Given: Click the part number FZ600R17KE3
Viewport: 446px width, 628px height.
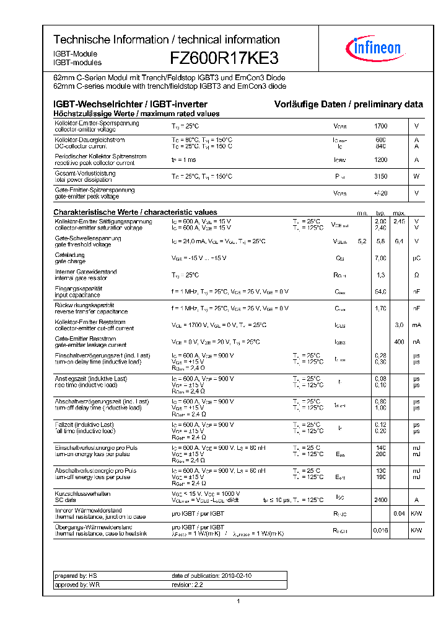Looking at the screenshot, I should click(224, 58).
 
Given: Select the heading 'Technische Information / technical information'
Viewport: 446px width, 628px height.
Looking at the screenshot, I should click(166, 40).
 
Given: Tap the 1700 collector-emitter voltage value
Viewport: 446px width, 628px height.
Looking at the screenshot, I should click(380, 127).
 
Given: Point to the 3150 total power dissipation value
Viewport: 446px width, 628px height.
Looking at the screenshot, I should click(380, 177).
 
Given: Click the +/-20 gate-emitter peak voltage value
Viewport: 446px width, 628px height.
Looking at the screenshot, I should click(380, 194).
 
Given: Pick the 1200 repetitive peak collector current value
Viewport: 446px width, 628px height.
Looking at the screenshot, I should click(380, 160).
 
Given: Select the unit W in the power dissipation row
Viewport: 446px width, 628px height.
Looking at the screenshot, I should click(416, 177).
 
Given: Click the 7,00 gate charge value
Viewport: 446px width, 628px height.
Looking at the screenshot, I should click(380, 258).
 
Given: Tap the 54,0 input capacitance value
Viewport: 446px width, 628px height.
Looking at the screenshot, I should click(380, 292).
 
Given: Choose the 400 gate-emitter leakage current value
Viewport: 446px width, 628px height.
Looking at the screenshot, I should click(399, 342).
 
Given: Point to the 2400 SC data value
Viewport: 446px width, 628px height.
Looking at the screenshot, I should click(380, 500).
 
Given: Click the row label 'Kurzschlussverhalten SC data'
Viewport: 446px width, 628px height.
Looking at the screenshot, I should click(83, 496).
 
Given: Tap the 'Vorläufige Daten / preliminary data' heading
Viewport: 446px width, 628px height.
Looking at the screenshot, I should click(349, 104).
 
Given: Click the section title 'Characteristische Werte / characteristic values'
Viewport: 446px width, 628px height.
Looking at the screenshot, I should click(135, 212).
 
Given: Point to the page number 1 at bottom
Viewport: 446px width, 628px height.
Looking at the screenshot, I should click(238, 601).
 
